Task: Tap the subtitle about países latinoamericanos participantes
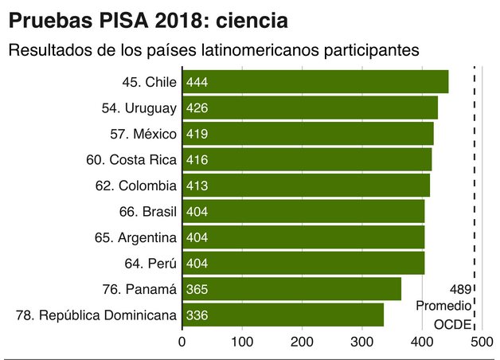tap(213, 50)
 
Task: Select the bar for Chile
tap(315, 82)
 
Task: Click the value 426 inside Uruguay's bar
tap(197, 108)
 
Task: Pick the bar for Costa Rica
tap(307, 159)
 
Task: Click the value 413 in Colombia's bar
tap(197, 186)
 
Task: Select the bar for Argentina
tap(303, 237)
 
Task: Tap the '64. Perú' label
tap(150, 263)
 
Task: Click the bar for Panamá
tap(291, 289)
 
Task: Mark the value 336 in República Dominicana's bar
tap(197, 315)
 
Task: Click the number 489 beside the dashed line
tap(460, 289)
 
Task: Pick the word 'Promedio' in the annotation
tap(443, 307)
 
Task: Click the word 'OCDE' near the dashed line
tap(452, 324)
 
